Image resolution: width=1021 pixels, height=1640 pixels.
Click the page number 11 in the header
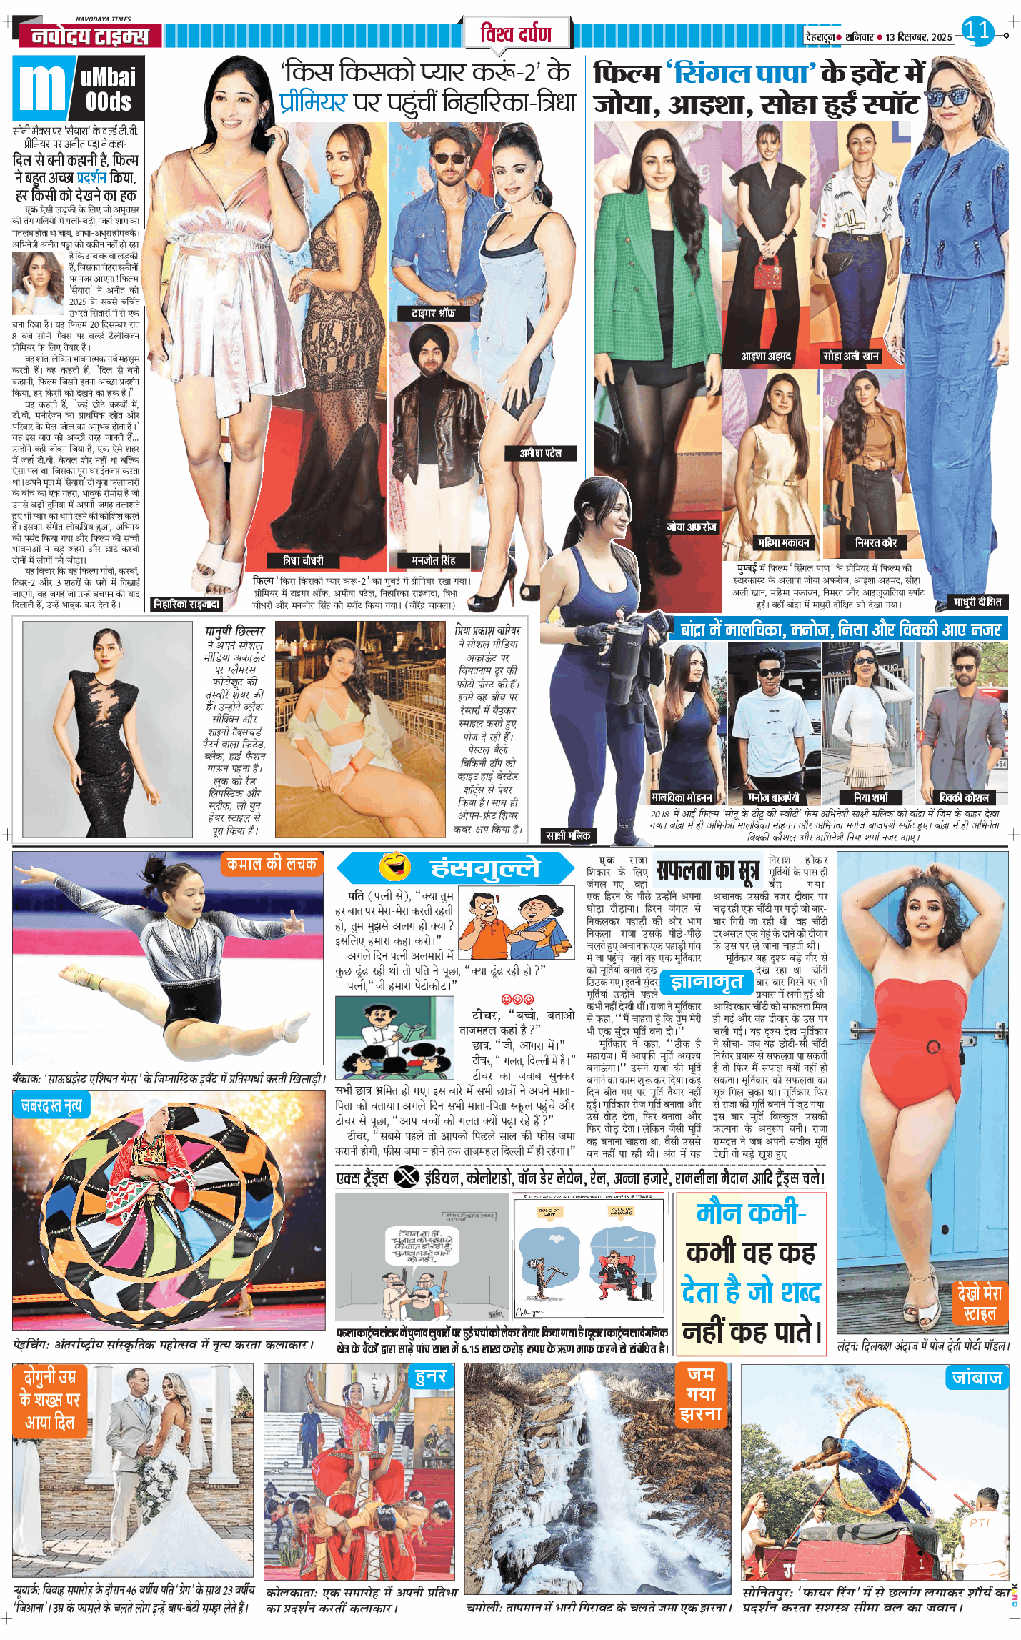point(977,30)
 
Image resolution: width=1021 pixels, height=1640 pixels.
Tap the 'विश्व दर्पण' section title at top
point(516,33)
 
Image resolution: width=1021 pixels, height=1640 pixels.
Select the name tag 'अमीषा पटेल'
point(540,453)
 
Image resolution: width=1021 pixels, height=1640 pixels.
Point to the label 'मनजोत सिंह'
point(433,560)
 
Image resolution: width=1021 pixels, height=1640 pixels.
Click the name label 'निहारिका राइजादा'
point(186,604)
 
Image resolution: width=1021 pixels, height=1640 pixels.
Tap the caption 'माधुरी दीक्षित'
point(977,602)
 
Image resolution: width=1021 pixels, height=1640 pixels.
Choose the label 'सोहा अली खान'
point(850,356)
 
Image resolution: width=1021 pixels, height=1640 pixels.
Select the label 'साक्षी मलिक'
point(568,835)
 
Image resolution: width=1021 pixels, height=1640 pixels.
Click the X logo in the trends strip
point(406,1177)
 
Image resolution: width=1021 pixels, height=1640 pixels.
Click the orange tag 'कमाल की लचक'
point(272,864)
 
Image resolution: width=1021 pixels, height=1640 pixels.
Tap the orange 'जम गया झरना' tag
point(700,1393)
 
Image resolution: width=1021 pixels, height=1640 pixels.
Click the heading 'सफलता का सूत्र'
point(707,870)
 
